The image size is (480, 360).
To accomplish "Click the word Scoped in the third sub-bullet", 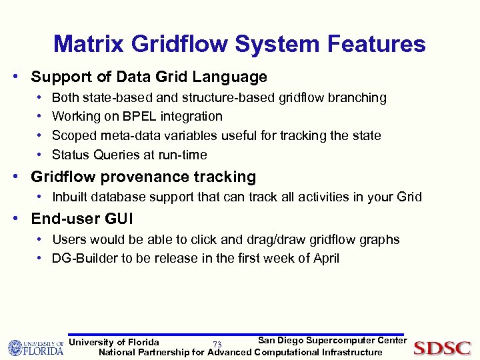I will click(73, 136).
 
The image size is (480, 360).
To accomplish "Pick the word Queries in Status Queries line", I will click(114, 155).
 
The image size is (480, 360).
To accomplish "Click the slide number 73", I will click(217, 345).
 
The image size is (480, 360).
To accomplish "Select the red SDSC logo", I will click(442, 348).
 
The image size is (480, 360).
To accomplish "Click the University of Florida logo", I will click(35, 347).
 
